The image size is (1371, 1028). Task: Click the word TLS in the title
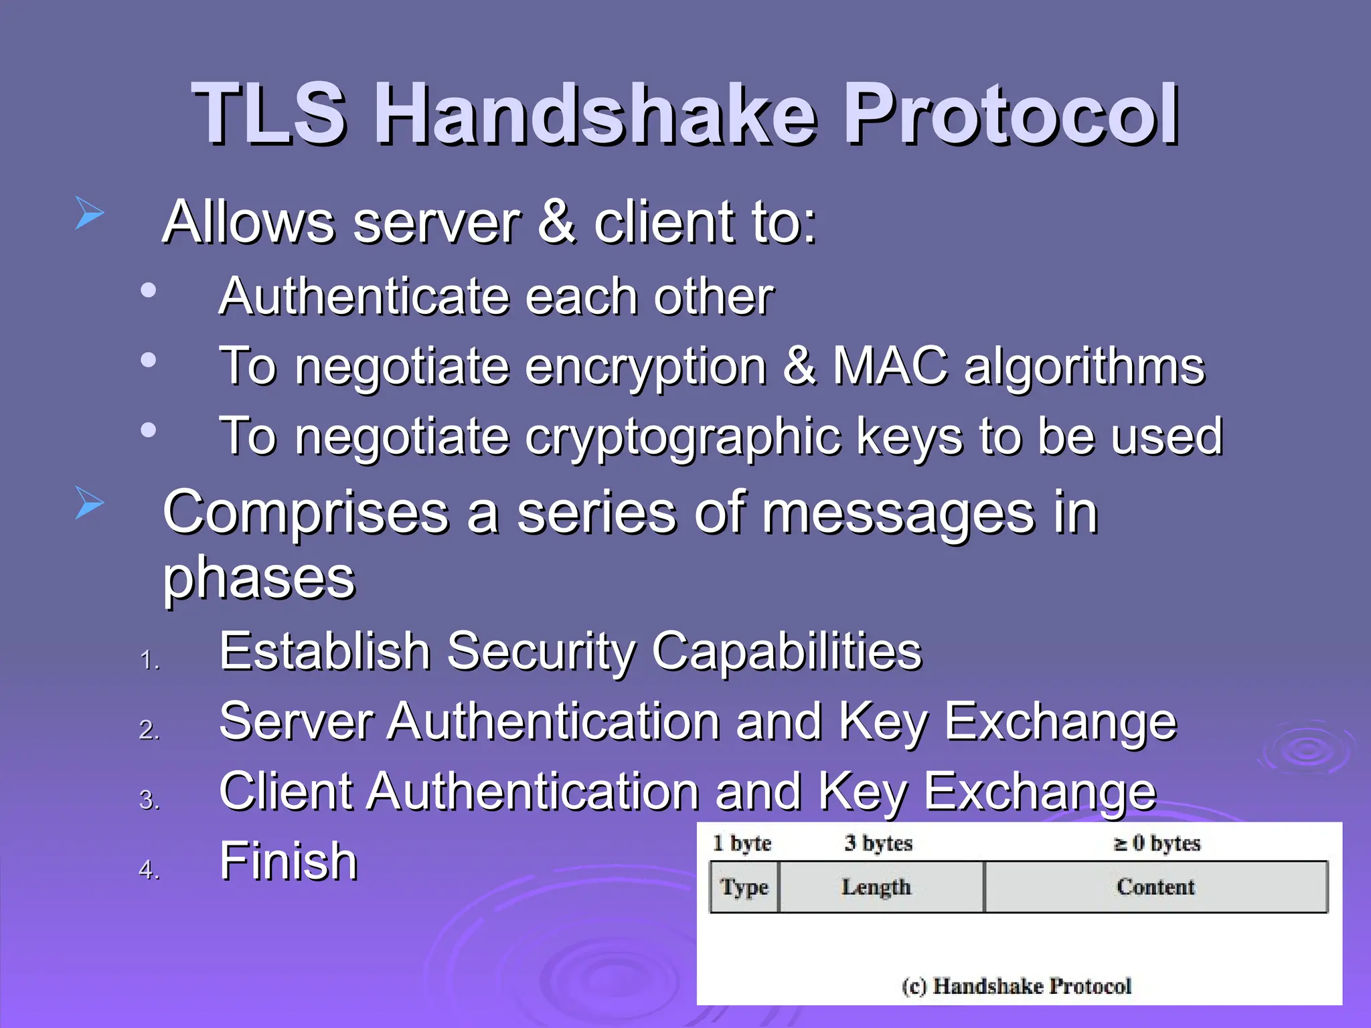pyautogui.click(x=269, y=114)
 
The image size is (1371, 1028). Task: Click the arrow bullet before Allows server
pyautogui.click(x=89, y=213)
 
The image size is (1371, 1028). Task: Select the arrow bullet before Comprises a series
pyautogui.click(x=89, y=503)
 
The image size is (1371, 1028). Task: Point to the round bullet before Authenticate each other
pyautogui.click(x=148, y=290)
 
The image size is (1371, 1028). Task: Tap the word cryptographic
pyautogui.click(x=682, y=437)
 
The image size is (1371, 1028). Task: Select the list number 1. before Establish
pyautogui.click(x=149, y=661)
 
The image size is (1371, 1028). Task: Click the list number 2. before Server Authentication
pyautogui.click(x=149, y=730)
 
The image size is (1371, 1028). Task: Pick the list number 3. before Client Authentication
pyautogui.click(x=149, y=800)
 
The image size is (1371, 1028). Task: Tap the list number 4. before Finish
pyautogui.click(x=149, y=870)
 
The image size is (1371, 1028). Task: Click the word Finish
pyautogui.click(x=289, y=861)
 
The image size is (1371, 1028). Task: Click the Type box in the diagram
pyautogui.click(x=744, y=887)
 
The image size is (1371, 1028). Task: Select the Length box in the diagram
pyautogui.click(x=876, y=887)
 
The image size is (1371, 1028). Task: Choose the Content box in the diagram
pyautogui.click(x=1155, y=887)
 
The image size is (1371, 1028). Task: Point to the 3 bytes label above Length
pyautogui.click(x=878, y=843)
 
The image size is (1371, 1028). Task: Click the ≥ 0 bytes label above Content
pyautogui.click(x=1157, y=843)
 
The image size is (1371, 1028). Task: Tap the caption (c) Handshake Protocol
pyautogui.click(x=1016, y=986)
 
